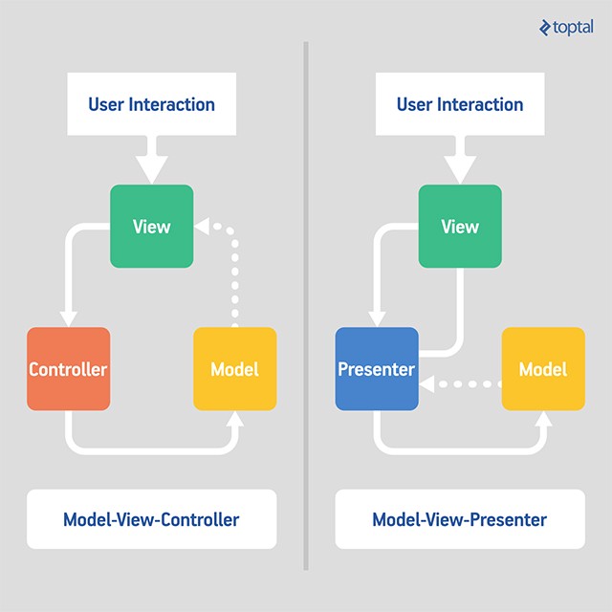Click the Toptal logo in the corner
(565, 27)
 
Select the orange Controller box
(68, 369)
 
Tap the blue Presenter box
(377, 369)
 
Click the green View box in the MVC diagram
(152, 227)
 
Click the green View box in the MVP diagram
(460, 227)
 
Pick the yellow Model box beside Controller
(234, 369)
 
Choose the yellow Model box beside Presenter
(543, 369)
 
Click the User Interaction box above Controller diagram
(151, 104)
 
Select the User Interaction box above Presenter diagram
(460, 104)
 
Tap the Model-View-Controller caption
(151, 520)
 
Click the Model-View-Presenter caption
(460, 520)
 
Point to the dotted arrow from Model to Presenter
(464, 384)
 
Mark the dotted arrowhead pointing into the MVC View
(202, 228)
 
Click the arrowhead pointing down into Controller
(68, 318)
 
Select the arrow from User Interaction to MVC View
(151, 158)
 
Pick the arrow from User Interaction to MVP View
(460, 158)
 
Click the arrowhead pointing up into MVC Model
(234, 420)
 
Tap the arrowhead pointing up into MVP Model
(543, 420)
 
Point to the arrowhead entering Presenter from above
(377, 318)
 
